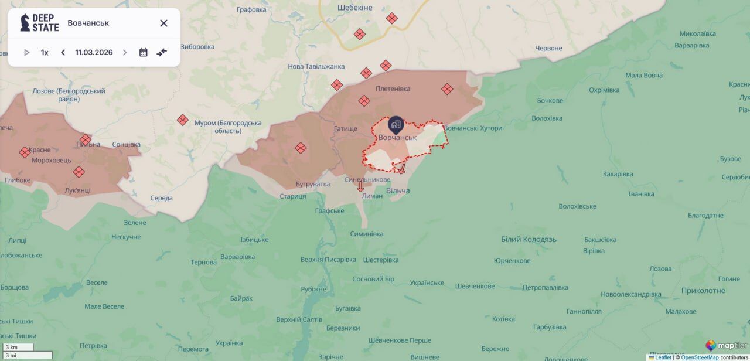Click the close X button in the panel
[x=163, y=23]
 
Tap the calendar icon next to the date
[x=143, y=52]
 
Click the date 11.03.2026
[x=94, y=52]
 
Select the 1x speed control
[x=45, y=52]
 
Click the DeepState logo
[x=39, y=23]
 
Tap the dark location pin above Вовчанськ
[x=396, y=124]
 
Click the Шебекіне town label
[x=354, y=8]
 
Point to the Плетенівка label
[x=393, y=89]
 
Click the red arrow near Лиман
[x=360, y=187]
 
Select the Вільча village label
[x=398, y=191]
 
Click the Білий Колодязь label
[x=529, y=239]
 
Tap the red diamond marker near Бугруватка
[x=301, y=148]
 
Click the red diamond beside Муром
[x=183, y=120]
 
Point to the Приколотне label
[x=703, y=291]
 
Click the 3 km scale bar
[x=17, y=348]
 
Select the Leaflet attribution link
[x=663, y=357]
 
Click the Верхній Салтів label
[x=299, y=319]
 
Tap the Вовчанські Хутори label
[x=472, y=128]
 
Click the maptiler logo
[x=726, y=345]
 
